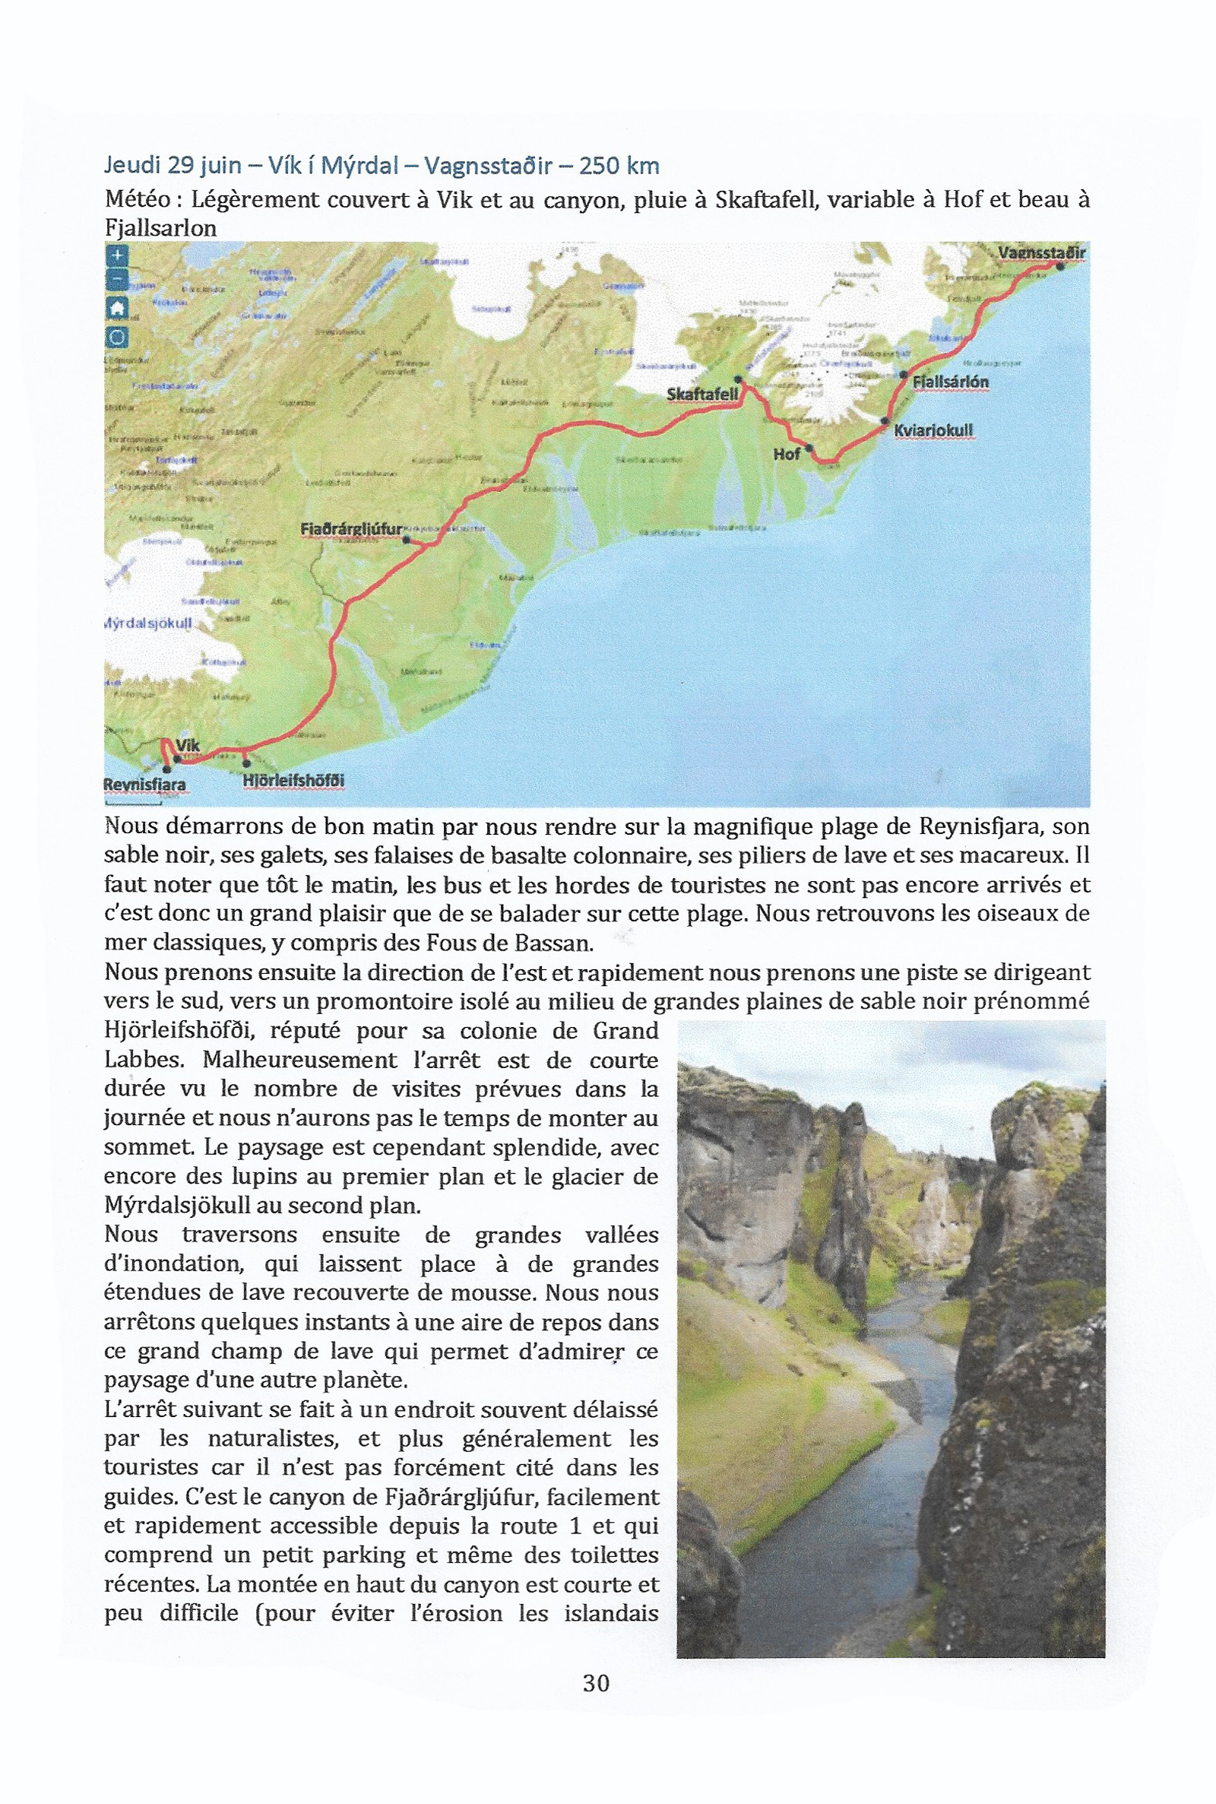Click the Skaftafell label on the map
(x=701, y=394)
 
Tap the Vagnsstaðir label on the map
(x=1040, y=253)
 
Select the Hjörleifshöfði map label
(x=293, y=780)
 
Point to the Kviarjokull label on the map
(x=933, y=430)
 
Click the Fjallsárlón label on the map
(x=950, y=382)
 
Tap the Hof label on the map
(x=786, y=454)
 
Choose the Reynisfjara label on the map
(x=145, y=784)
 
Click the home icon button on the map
(x=116, y=309)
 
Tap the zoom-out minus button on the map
(x=116, y=280)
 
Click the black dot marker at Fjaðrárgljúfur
(x=407, y=540)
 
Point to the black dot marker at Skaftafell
(x=738, y=380)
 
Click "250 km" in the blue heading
(x=619, y=165)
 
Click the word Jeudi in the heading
(x=131, y=165)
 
